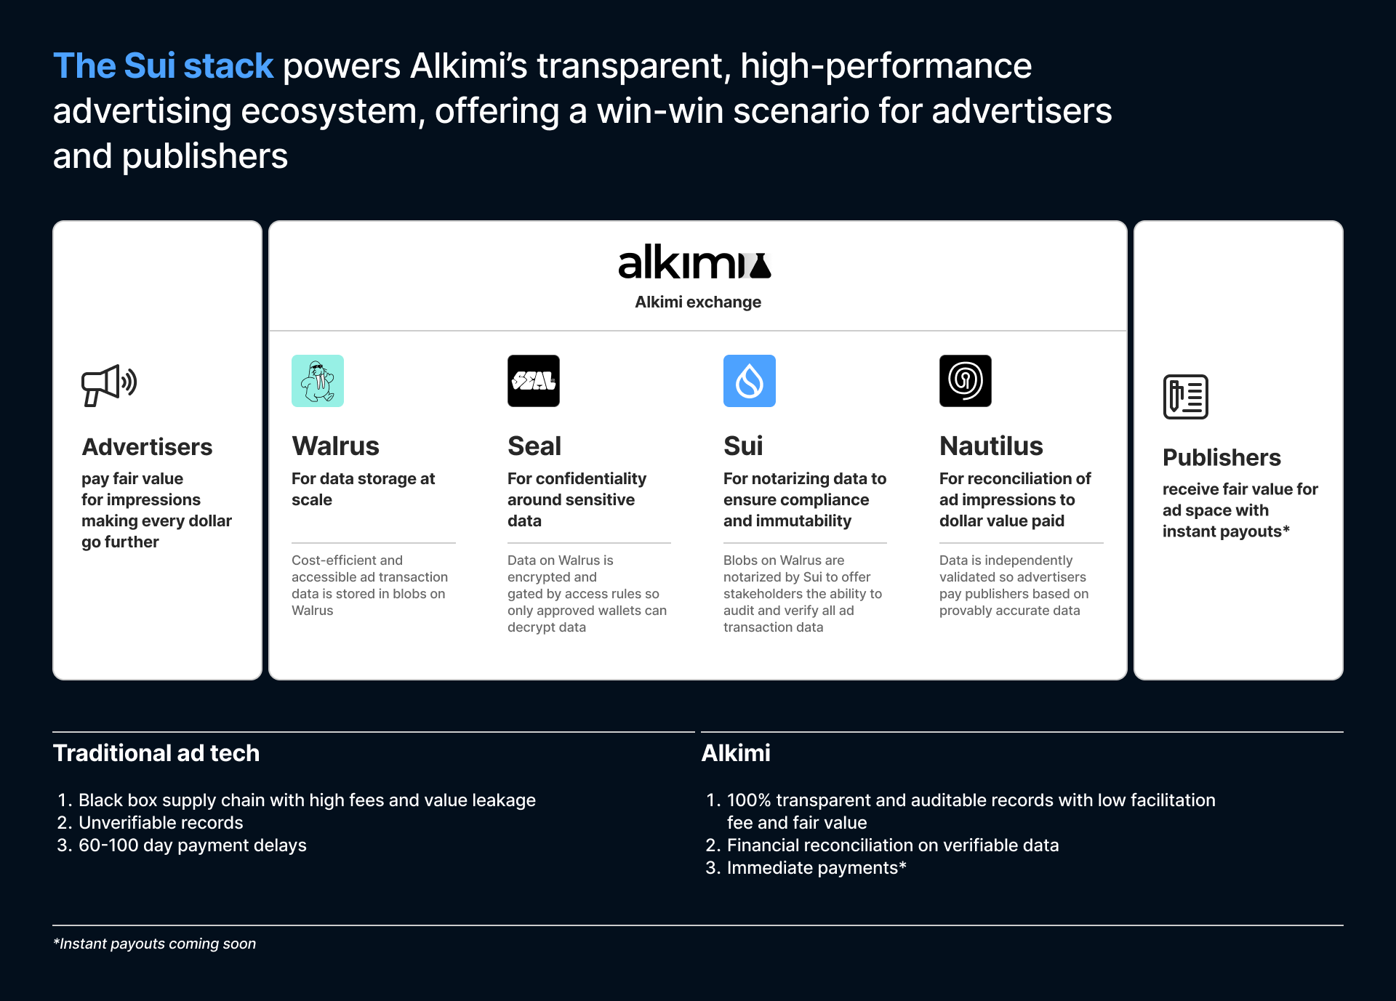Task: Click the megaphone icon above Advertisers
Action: point(109,385)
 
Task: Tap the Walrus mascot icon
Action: point(318,381)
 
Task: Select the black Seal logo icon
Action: point(534,381)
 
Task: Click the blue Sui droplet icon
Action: point(750,381)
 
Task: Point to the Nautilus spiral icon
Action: point(966,381)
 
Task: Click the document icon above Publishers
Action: point(1186,397)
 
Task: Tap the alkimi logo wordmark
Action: point(694,263)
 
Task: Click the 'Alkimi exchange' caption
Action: point(698,302)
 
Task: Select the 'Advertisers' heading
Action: point(147,447)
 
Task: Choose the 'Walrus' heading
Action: point(335,446)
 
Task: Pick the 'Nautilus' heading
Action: point(991,446)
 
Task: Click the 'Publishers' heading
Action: point(1221,458)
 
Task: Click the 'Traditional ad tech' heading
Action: point(156,753)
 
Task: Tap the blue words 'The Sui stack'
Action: point(163,66)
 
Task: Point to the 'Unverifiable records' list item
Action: point(161,823)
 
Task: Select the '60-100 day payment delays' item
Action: point(192,845)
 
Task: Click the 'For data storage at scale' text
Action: point(363,489)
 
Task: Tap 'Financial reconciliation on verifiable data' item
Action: point(892,845)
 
